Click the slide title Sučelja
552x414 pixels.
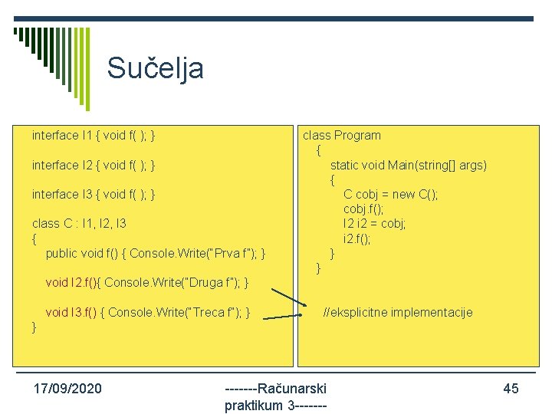(x=155, y=68)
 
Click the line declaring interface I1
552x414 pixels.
(x=94, y=136)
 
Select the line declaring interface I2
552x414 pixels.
(x=94, y=165)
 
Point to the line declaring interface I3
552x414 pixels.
(x=94, y=195)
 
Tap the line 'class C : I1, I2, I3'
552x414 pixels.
(x=79, y=224)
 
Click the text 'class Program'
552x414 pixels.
(x=341, y=136)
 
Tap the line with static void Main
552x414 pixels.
(x=408, y=166)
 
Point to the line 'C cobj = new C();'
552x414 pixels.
(x=391, y=195)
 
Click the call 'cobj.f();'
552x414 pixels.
(x=364, y=209)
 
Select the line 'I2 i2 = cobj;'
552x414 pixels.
(x=375, y=224)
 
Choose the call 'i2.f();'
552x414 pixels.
(x=357, y=238)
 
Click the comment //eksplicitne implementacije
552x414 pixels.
(x=398, y=312)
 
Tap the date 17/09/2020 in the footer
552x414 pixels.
(x=67, y=389)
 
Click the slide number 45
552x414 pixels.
(x=511, y=389)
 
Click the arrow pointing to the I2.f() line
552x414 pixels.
(x=290, y=298)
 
